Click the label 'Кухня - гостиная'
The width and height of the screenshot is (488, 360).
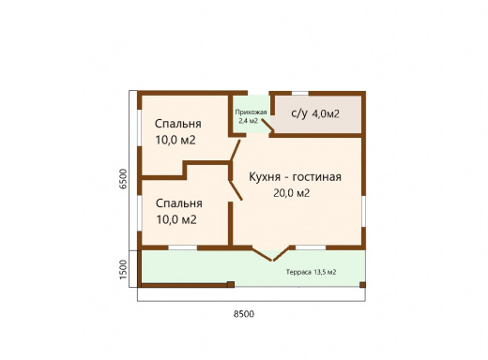pos(294,176)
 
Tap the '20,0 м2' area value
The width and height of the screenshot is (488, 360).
pos(291,193)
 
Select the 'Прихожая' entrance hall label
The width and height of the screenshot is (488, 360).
pos(251,112)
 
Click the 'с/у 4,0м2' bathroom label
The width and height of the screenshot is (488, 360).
pos(315,114)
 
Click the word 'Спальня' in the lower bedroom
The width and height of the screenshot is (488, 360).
pos(178,203)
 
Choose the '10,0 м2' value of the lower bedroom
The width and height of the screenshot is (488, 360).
pos(175,220)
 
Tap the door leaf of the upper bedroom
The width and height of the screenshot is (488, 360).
pos(236,149)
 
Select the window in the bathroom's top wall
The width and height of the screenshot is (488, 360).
pos(299,93)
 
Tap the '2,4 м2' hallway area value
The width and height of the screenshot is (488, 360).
pos(248,121)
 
